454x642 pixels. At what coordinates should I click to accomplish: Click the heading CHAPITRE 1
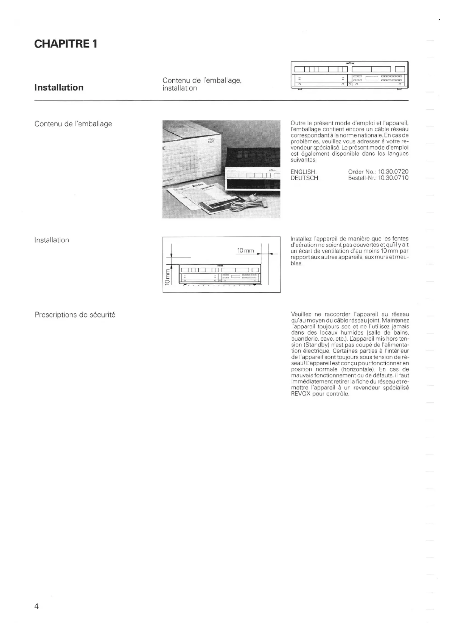pos(66,44)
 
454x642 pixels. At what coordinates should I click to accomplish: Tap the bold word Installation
pos(59,88)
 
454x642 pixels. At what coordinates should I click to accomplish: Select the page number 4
pos(36,606)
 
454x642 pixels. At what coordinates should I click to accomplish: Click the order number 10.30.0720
pos(393,172)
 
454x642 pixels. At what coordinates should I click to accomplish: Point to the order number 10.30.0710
pos(393,178)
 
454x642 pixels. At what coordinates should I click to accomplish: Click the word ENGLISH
pos(303,172)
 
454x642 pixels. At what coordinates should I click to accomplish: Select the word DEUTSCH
pos(305,178)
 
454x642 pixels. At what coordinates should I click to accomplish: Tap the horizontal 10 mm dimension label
pos(245,251)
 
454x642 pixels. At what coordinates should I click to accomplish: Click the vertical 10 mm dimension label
pos(167,277)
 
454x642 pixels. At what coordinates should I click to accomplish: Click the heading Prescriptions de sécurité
pos(75,315)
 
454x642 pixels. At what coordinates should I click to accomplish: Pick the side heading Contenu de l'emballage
pos(73,124)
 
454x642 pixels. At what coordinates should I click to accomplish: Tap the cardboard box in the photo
pos(193,151)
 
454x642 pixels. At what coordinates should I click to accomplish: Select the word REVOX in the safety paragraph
pos(301,394)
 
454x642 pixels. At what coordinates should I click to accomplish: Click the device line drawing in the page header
pos(349,75)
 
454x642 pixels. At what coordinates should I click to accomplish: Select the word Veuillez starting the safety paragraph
pos(301,314)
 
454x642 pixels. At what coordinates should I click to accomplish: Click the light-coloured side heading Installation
pos(52,240)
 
